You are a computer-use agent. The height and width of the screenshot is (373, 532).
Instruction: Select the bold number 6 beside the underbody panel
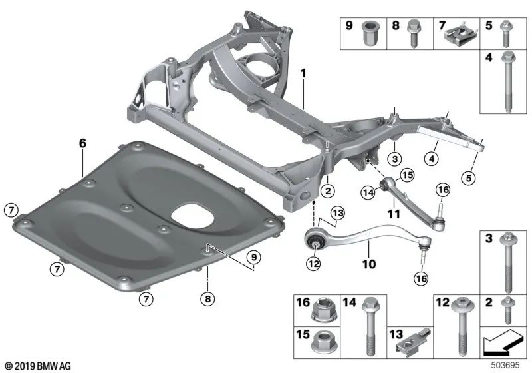click(x=82, y=143)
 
